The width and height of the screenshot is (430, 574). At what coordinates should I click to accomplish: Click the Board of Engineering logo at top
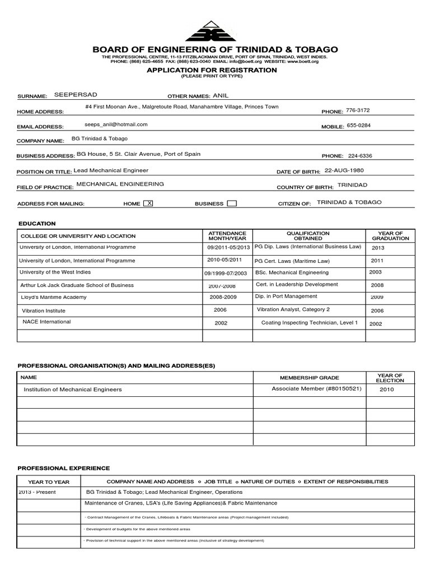pyautogui.click(x=215, y=31)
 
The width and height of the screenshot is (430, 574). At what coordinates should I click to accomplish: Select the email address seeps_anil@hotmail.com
pyautogui.click(x=116, y=124)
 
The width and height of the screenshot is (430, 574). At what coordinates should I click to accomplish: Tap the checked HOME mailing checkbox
pyautogui.click(x=148, y=203)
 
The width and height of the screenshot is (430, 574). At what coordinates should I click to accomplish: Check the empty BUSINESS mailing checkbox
pyautogui.click(x=231, y=203)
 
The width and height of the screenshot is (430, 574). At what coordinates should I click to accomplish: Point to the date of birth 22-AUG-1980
pyautogui.click(x=348, y=170)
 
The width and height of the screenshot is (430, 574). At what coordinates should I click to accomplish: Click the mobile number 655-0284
pyautogui.click(x=358, y=126)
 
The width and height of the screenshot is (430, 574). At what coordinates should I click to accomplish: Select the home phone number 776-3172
pyautogui.click(x=358, y=110)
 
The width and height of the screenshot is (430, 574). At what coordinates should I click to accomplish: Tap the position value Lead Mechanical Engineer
pyautogui.click(x=111, y=170)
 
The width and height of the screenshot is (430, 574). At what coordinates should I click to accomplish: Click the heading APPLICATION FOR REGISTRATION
pyautogui.click(x=212, y=70)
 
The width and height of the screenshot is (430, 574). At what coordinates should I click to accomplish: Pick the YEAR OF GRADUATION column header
pyautogui.click(x=390, y=235)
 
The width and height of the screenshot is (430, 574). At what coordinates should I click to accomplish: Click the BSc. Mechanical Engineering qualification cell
pyautogui.click(x=292, y=272)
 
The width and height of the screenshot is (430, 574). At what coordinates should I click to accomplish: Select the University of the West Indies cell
pyautogui.click(x=55, y=272)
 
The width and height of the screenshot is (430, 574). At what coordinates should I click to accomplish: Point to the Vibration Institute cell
pyautogui.click(x=44, y=310)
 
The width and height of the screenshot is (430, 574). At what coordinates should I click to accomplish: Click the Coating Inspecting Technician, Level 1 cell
pyautogui.click(x=309, y=323)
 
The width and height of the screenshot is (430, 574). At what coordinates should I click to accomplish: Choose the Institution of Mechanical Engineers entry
pyautogui.click(x=72, y=389)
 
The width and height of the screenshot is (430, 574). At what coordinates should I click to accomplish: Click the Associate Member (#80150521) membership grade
pyautogui.click(x=309, y=388)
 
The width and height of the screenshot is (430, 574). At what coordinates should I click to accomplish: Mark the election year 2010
pyautogui.click(x=386, y=389)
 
